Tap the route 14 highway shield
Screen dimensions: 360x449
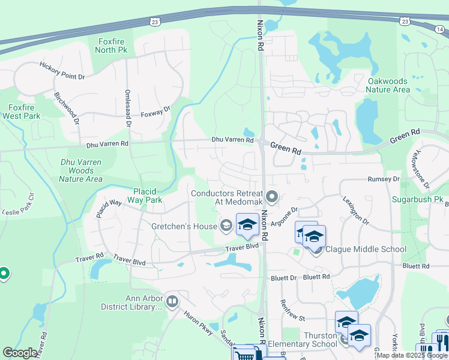(405, 21)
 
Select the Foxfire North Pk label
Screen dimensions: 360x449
(112, 46)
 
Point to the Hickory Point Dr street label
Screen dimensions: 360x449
(62, 70)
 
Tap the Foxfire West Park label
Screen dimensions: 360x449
(20, 111)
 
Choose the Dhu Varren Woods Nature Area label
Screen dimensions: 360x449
(81, 170)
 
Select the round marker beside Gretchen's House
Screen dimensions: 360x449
(226, 225)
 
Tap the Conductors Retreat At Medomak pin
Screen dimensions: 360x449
(272, 196)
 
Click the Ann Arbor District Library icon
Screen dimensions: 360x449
(173, 301)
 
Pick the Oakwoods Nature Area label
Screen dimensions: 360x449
(388, 85)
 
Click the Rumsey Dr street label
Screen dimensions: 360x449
(384, 179)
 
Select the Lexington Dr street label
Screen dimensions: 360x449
(356, 209)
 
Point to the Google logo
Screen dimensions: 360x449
(20, 353)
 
